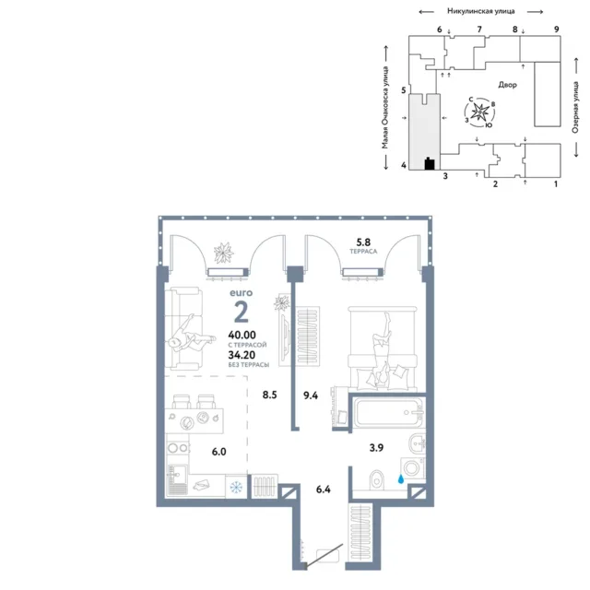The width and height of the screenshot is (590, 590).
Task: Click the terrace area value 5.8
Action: tap(363, 242)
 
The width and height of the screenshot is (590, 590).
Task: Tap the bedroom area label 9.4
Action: tap(311, 395)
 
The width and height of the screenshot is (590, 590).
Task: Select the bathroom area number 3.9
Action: tap(376, 447)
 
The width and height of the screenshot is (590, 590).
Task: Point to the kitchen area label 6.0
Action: tap(219, 452)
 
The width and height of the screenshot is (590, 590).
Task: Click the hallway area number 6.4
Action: tap(324, 490)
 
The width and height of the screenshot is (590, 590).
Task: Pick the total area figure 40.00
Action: tap(242, 335)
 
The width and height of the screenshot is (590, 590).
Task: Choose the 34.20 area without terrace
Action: tap(242, 355)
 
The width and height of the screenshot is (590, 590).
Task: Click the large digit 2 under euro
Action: tap(242, 312)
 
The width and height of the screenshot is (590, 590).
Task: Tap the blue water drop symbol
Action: tap(401, 479)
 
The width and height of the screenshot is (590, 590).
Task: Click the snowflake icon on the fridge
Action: tap(236, 488)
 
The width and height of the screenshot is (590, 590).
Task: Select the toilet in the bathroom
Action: tap(376, 480)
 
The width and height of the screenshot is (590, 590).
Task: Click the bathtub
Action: tap(388, 413)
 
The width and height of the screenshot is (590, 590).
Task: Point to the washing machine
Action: tap(413, 468)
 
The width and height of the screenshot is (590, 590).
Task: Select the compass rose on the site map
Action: tap(479, 112)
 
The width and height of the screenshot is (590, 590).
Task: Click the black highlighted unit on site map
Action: tap(430, 163)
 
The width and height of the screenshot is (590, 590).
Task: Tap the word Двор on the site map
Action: tap(508, 85)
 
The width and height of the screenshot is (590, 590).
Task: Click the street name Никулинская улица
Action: tap(481, 11)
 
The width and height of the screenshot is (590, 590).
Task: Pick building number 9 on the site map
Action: tap(557, 29)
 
